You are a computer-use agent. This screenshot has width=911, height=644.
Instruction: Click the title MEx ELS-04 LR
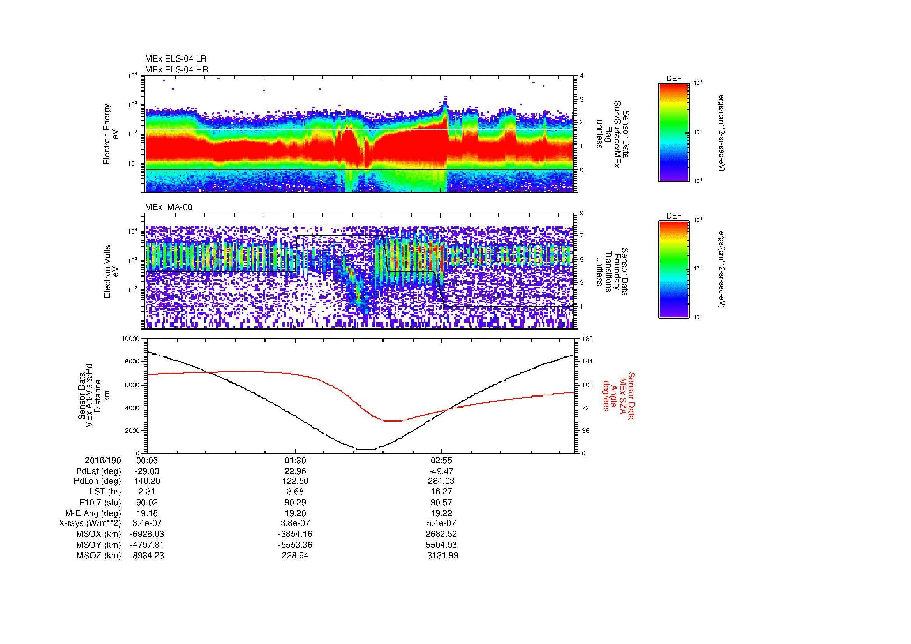click(175, 59)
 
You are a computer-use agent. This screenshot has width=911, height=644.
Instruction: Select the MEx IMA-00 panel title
click(169, 207)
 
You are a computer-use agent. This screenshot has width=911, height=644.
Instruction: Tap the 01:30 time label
click(295, 461)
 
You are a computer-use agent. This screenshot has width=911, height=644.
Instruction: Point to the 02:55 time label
click(441, 461)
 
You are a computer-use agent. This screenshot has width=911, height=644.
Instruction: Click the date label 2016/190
click(103, 461)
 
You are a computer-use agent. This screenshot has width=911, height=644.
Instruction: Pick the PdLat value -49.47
click(441, 471)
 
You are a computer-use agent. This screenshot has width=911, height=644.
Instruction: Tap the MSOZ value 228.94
click(295, 556)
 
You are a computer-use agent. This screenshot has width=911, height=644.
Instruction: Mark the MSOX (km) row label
click(99, 534)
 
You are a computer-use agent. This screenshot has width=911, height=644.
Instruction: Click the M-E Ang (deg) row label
click(93, 513)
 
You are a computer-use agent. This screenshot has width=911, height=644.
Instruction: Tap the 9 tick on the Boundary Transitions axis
click(581, 213)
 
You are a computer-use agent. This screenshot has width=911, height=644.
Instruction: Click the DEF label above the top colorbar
click(674, 79)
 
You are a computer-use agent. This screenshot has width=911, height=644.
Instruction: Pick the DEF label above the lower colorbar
click(674, 216)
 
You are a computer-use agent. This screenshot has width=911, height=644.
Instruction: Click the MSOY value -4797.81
click(147, 545)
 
